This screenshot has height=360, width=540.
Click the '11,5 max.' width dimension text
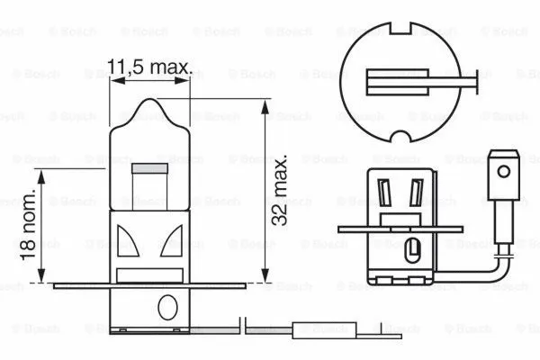pos(150,67)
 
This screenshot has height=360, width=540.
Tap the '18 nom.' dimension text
pos(30,226)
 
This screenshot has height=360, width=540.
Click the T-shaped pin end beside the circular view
pos(473,87)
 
